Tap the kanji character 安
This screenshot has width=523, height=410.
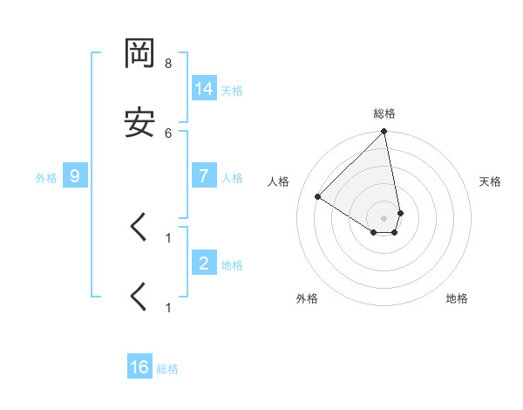click(x=139, y=123)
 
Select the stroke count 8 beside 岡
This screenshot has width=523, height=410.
click(x=168, y=64)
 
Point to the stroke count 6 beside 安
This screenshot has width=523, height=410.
click(x=168, y=133)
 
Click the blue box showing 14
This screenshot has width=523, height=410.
click(x=204, y=88)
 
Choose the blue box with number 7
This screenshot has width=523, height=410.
click(x=204, y=175)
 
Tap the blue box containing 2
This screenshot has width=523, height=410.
click(x=204, y=263)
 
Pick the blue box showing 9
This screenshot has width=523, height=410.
click(x=75, y=176)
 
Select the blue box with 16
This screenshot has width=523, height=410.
click(x=139, y=367)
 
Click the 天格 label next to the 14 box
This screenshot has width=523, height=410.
click(x=232, y=90)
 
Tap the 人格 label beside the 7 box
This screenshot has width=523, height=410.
click(x=232, y=177)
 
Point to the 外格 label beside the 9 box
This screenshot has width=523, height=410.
click(x=46, y=177)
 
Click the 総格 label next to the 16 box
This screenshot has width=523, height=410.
click(x=167, y=369)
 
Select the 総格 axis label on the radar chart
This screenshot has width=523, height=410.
click(x=384, y=113)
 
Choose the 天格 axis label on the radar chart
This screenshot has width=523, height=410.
click(x=490, y=181)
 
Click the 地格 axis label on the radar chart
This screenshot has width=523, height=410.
click(x=457, y=298)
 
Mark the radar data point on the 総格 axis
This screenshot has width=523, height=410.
click(x=384, y=133)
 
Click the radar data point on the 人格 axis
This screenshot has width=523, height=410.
click(x=318, y=196)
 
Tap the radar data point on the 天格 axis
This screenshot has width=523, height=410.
click(x=400, y=213)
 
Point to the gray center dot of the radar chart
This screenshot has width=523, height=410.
click(x=384, y=217)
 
